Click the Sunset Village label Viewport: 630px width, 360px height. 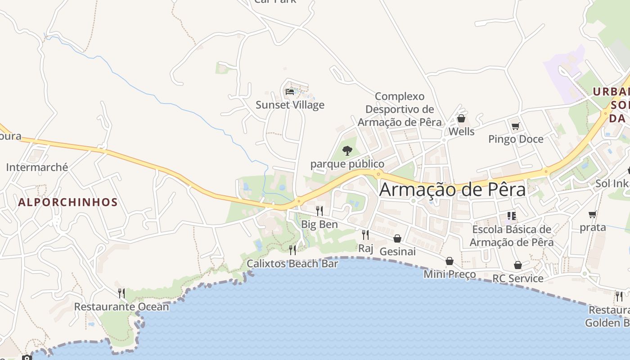point(290,105)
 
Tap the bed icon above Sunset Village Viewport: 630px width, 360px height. point(290,92)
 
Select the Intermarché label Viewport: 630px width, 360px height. point(37,167)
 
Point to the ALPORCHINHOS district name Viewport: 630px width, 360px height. point(68,202)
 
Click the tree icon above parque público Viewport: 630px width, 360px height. point(347,151)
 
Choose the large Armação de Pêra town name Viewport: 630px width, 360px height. point(452,189)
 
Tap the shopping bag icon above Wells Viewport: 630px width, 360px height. point(461,119)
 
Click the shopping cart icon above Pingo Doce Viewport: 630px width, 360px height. point(516,126)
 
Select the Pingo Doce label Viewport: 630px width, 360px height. point(516,139)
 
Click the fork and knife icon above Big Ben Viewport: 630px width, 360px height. point(319,211)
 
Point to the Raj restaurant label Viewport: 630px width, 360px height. point(366,248)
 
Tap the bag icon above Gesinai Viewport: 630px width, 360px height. point(397,238)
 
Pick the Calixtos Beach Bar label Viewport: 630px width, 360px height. point(292,264)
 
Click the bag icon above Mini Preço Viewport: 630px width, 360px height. point(450,261)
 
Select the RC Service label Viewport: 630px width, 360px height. point(517,279)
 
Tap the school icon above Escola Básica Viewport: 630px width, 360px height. point(511,216)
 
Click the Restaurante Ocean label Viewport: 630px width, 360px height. point(121,307)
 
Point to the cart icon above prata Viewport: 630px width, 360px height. point(593,215)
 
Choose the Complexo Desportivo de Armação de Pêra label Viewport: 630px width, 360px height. point(400,109)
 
